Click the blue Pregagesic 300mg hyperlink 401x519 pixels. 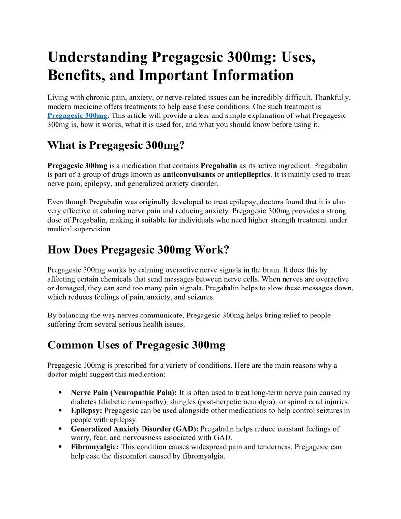[77, 115]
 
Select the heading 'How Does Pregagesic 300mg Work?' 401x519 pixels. [138, 250]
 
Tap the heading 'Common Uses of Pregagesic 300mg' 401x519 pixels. [136, 345]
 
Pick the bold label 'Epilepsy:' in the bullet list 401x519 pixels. [86, 411]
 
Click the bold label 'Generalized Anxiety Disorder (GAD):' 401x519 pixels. [135, 429]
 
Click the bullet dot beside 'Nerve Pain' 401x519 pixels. [60, 393]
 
